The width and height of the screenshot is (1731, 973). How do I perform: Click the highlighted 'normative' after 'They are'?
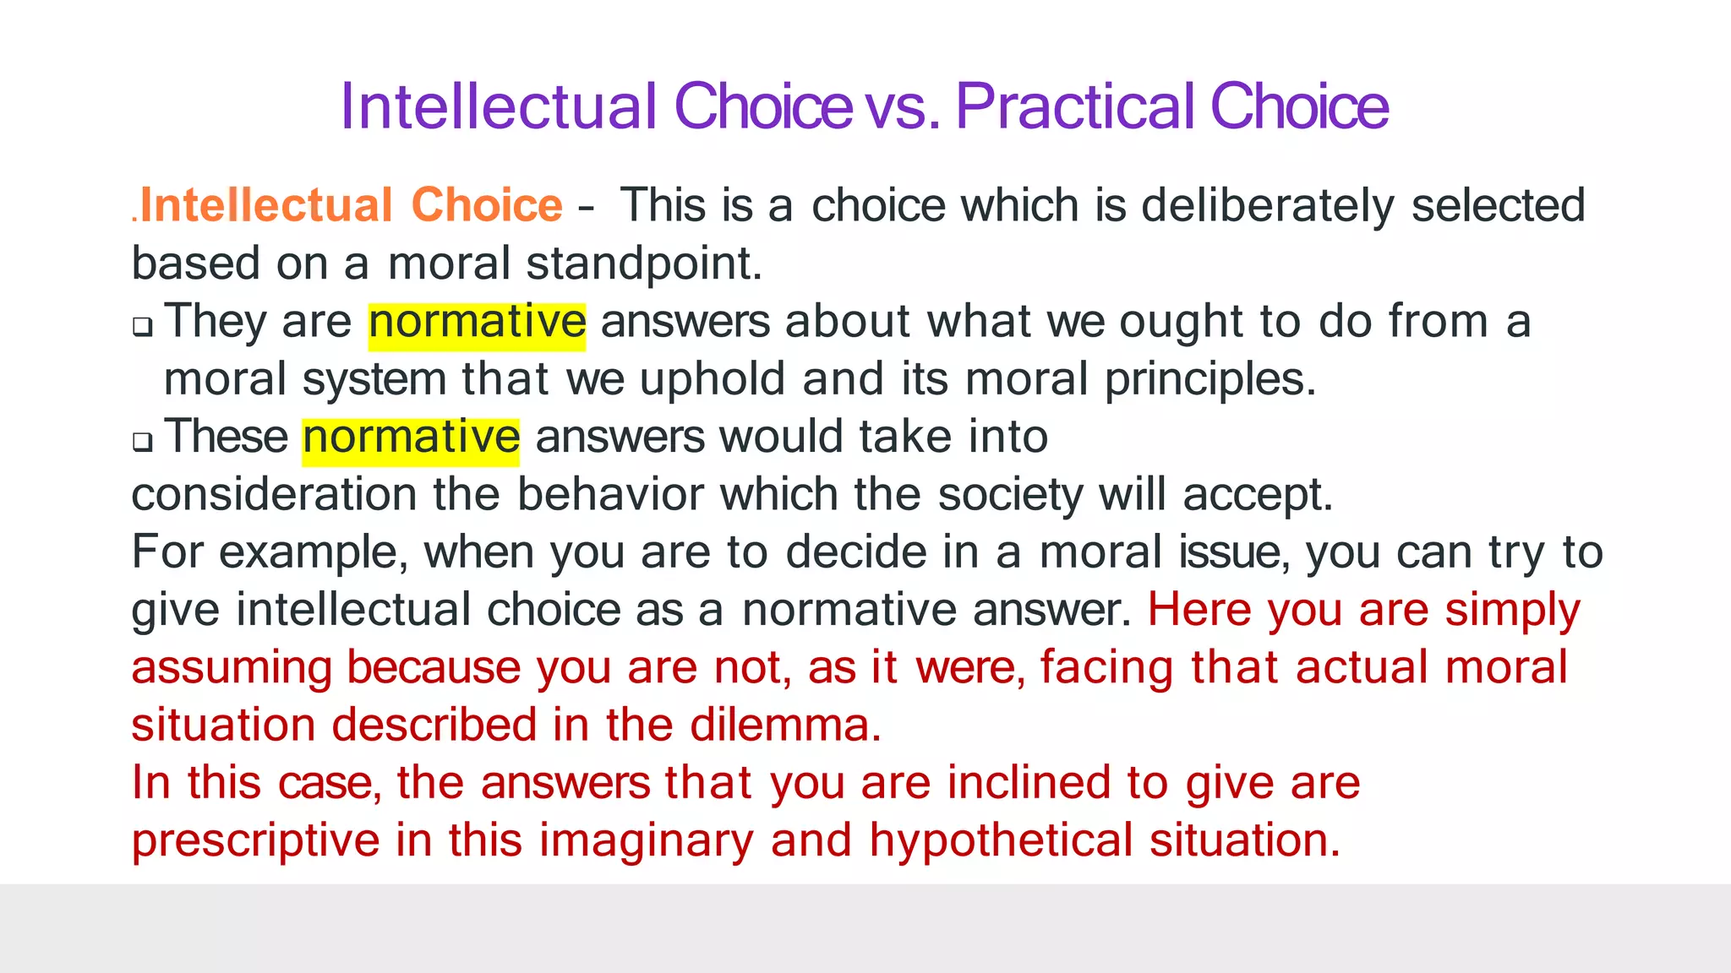coord(477,322)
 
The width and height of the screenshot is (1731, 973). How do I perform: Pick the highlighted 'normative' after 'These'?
coord(411,438)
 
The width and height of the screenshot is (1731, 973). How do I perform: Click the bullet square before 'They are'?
coord(143,327)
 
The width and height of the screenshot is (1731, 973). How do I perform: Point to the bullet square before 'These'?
coord(143,442)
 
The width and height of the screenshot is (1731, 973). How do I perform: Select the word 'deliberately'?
coord(1268,206)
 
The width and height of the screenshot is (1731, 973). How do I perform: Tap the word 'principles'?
coord(1208,379)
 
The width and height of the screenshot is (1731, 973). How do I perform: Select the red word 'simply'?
coord(1512,611)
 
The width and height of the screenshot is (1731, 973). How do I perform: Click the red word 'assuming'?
coord(232,669)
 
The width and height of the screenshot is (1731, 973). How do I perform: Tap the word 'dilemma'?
coord(781,726)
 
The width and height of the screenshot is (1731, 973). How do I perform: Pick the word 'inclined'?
coord(1029,783)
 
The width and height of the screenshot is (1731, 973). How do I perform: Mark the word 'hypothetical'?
coord(1001,841)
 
